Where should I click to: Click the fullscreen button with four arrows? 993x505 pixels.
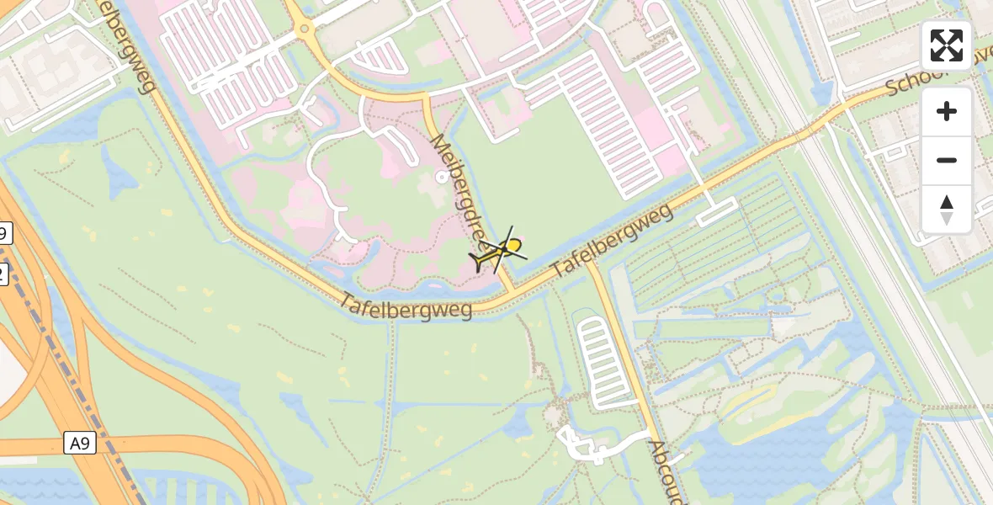click(947, 45)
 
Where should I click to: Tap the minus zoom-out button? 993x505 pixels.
click(947, 160)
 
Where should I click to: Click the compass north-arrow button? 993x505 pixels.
click(947, 209)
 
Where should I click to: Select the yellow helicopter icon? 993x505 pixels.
click(499, 252)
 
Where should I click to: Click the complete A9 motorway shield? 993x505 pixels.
click(80, 443)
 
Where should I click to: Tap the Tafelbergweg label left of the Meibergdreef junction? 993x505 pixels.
click(407, 306)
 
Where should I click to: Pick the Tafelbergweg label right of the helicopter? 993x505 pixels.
click(613, 242)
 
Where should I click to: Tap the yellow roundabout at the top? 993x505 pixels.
click(304, 31)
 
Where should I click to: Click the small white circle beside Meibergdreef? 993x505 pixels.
click(442, 177)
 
